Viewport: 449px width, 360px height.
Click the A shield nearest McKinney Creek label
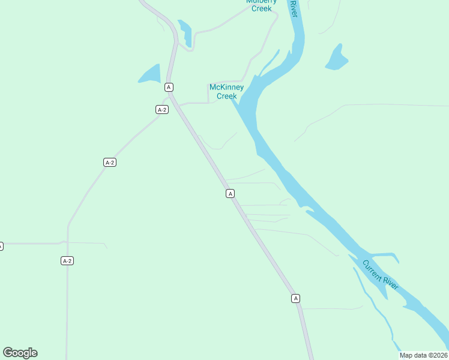(x=169, y=87)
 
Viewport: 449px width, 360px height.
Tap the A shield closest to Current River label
(x=295, y=298)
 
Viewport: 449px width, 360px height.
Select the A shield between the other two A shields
(x=230, y=193)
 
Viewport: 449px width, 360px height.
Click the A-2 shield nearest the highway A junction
(x=161, y=109)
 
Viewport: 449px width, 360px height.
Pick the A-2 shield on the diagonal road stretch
(x=109, y=162)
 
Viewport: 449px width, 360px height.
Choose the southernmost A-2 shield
(x=67, y=260)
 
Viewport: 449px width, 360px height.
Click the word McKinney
(x=226, y=88)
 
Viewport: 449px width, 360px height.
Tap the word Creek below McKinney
(x=227, y=96)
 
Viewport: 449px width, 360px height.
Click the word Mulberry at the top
(x=262, y=2)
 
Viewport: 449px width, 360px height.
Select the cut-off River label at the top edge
(x=293, y=8)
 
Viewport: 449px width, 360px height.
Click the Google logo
(x=20, y=352)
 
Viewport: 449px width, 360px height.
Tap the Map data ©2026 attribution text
(x=423, y=355)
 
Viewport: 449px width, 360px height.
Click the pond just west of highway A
(x=151, y=74)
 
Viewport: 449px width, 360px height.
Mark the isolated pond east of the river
(x=337, y=58)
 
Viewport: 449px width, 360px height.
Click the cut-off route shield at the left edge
(x=1, y=246)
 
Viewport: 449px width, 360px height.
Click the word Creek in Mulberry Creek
(x=262, y=9)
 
